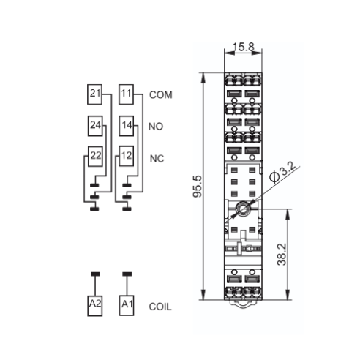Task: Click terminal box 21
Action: click(94, 94)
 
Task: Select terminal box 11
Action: click(126, 94)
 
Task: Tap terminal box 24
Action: click(95, 126)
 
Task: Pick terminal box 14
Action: click(127, 126)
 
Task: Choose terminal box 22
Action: click(95, 157)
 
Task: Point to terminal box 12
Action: click(127, 156)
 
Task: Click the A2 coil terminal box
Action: click(95, 306)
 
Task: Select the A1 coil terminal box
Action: click(127, 306)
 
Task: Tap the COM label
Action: click(161, 95)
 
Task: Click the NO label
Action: click(156, 127)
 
